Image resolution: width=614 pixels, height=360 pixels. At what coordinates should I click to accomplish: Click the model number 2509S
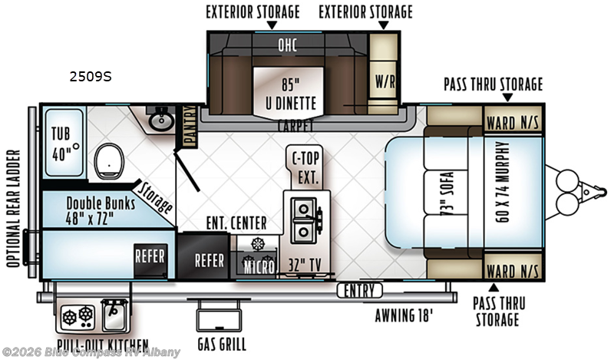pos(91,77)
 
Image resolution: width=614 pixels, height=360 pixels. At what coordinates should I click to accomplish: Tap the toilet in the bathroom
pos(109,161)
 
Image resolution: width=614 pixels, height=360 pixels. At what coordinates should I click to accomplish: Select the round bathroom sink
pos(161,121)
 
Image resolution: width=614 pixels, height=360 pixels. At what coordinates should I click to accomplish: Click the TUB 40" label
pos(62,144)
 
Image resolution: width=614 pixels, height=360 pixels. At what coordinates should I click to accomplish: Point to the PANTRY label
pos(190,127)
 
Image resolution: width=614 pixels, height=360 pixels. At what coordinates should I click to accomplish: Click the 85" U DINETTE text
pos(291,94)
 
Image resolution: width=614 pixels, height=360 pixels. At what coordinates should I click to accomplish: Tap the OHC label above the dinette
pos(287,45)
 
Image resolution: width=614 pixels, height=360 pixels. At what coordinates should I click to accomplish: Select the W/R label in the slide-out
pos(385,81)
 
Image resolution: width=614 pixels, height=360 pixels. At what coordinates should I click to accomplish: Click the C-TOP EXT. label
pos(306,168)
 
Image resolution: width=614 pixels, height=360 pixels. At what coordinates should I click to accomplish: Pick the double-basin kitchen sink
pos(303,220)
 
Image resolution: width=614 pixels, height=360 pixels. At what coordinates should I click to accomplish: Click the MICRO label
pos(259,268)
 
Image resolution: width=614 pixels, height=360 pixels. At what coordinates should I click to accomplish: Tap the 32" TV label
pos(305,265)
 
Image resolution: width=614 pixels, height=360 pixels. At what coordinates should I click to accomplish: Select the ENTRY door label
pos(359,291)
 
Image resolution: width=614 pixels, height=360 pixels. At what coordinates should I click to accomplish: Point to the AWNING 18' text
pos(404,315)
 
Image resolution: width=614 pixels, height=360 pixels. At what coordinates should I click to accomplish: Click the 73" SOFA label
pos(447,193)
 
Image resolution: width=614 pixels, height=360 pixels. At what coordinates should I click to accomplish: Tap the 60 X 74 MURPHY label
pos(502,182)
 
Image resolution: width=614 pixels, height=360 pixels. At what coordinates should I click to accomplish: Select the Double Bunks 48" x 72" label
pos(101,211)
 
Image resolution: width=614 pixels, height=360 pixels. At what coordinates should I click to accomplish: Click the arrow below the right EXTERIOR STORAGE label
pos(384,25)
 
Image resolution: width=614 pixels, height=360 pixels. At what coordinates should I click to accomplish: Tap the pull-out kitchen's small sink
pos(114,315)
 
